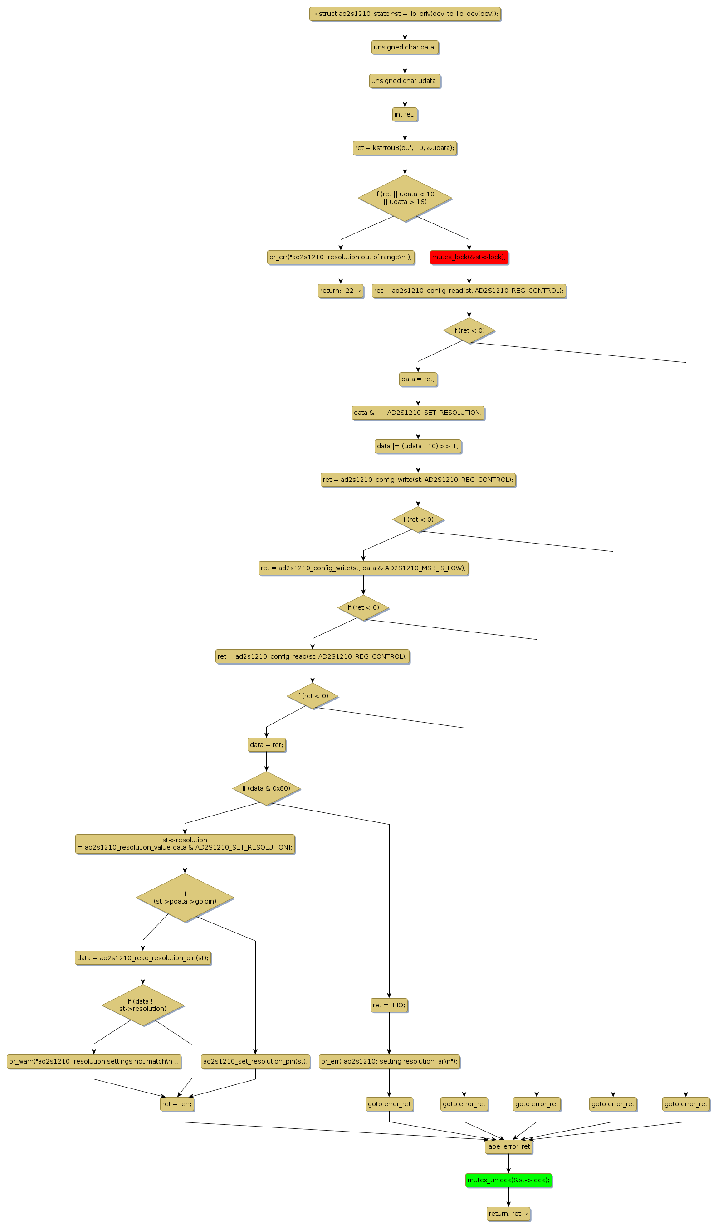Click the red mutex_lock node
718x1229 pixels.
click(x=469, y=257)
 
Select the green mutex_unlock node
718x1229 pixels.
click(x=508, y=1180)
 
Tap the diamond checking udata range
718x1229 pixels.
click(x=405, y=198)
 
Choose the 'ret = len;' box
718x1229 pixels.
click(x=177, y=1104)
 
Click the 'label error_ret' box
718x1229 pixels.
click(x=508, y=1146)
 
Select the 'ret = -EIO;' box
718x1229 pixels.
click(x=389, y=1005)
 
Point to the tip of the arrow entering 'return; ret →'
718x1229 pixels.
click(x=508, y=1207)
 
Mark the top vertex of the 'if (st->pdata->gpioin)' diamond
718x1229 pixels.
click(x=185, y=873)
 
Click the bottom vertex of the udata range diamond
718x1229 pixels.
click(x=405, y=221)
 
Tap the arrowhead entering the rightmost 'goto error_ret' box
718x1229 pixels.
click(x=686, y=1097)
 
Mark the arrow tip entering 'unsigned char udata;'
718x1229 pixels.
click(x=405, y=73)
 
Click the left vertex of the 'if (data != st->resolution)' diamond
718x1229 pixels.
click(x=102, y=1005)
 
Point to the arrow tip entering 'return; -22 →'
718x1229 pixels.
click(x=341, y=284)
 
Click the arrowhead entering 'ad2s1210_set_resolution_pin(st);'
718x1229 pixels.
click(x=255, y=1054)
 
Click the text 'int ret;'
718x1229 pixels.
click(x=405, y=114)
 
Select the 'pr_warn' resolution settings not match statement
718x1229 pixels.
click(x=94, y=1061)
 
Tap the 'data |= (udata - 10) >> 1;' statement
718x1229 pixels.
click(x=418, y=446)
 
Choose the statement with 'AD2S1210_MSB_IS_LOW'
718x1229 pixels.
click(x=363, y=568)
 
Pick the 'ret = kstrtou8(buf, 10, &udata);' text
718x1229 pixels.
click(x=405, y=148)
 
